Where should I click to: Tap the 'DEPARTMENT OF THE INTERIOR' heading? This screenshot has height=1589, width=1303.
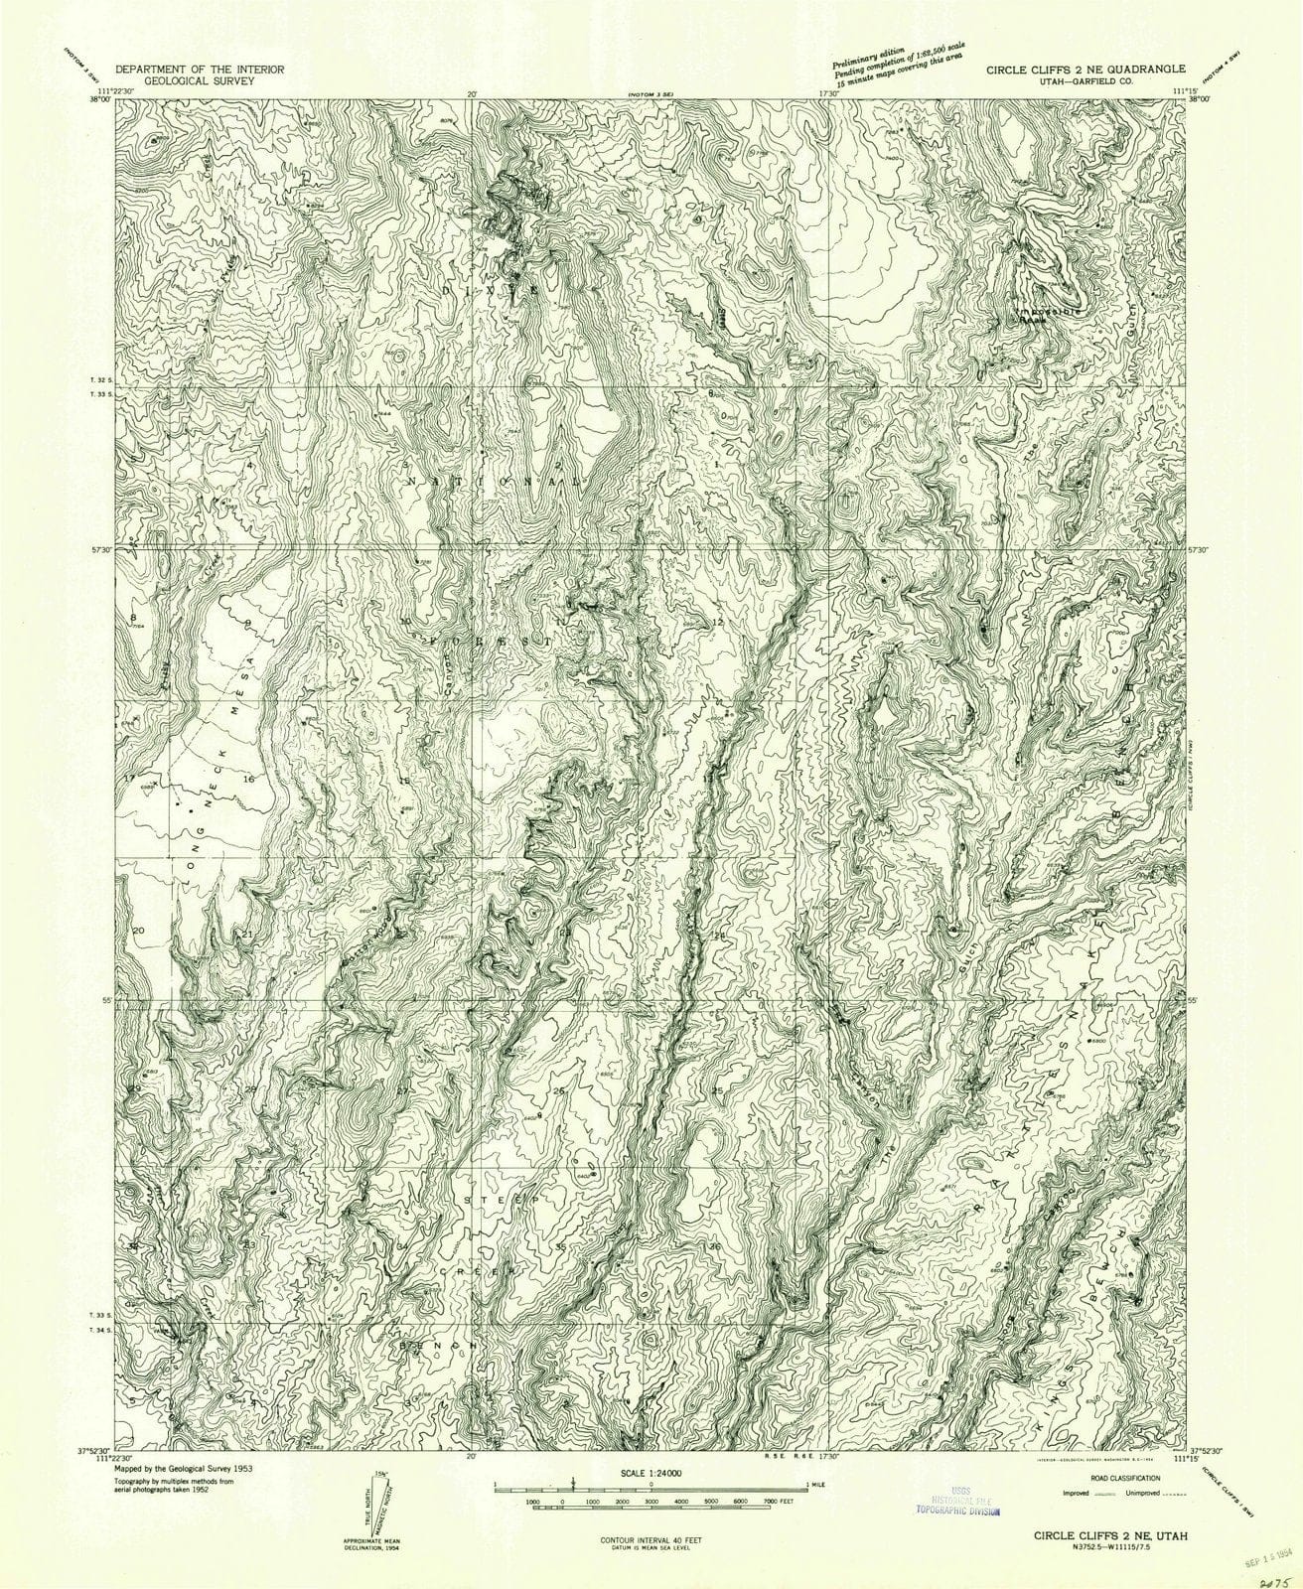coord(201,70)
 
